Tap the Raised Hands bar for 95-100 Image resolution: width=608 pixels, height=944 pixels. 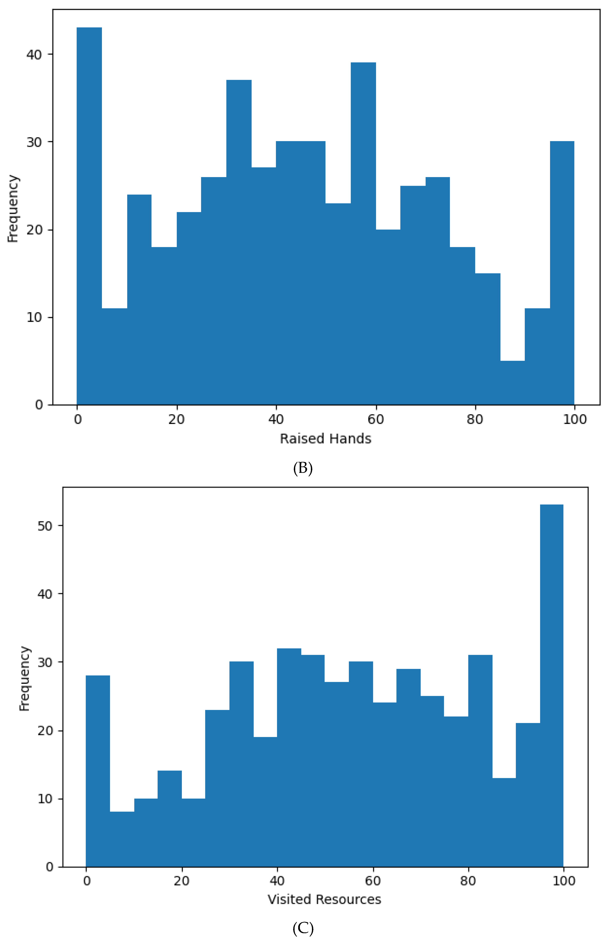[562, 272]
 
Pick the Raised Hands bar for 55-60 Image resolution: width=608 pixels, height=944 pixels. [363, 233]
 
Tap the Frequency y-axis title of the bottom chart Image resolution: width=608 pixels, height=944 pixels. [25, 678]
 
